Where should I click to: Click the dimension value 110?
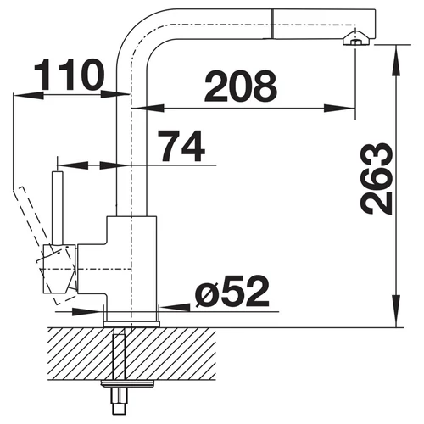coord(70,75)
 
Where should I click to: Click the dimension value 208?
coord(241,86)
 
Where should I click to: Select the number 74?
coord(181,146)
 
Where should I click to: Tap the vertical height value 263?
coord(377,179)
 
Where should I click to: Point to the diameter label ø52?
coord(232,293)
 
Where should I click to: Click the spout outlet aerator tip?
coord(355,40)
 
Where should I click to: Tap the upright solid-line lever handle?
coord(58,207)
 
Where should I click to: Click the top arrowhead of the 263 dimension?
coord(397,61)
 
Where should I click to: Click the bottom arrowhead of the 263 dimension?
coord(397,311)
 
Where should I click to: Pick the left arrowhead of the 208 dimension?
coord(148,108)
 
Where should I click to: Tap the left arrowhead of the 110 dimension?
coord(29,95)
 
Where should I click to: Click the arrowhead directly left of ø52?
coord(175,307)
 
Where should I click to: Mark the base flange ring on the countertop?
coord(131,324)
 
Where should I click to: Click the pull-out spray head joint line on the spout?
coord(272,24)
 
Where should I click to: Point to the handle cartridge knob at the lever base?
coord(59,269)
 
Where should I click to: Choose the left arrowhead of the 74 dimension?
coord(73,165)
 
